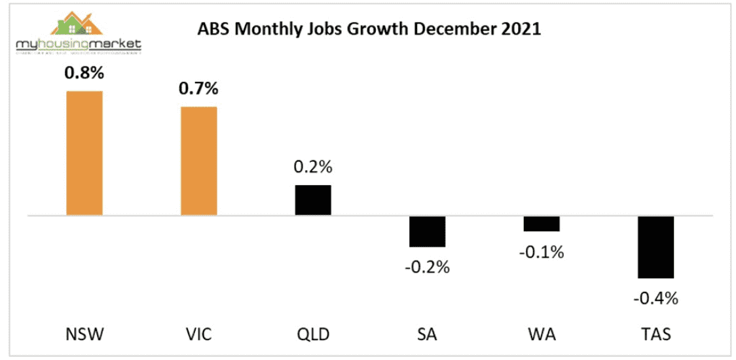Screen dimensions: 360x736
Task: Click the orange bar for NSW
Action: (x=84, y=153)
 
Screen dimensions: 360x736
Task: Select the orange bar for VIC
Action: (x=199, y=160)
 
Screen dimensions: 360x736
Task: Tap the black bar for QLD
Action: (x=313, y=200)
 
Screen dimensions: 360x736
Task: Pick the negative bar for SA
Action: (x=427, y=231)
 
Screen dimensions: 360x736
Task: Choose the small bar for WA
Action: (x=542, y=223)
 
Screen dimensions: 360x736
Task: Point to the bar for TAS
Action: (x=655, y=247)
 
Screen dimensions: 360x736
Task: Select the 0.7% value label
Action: (x=199, y=89)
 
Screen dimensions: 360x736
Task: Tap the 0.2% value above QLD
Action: (x=313, y=167)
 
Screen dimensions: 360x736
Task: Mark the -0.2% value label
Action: (x=427, y=267)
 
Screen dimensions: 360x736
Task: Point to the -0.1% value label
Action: (x=542, y=251)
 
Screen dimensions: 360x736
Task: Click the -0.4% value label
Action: (x=655, y=298)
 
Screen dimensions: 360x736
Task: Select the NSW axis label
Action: (x=84, y=335)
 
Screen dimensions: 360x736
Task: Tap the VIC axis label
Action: (x=199, y=335)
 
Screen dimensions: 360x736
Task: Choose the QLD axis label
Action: (x=313, y=335)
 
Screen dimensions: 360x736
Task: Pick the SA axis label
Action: (x=427, y=335)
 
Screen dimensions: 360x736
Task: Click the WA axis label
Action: (x=542, y=335)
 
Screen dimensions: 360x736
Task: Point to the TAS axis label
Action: (x=655, y=335)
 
